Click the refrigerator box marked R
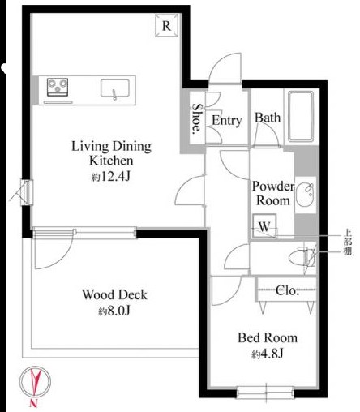[167, 25]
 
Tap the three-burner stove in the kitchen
[58, 87]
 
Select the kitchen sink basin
[115, 88]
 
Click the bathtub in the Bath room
[301, 117]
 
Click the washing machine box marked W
[264, 226]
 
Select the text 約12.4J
[111, 177]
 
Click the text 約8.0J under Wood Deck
[114, 311]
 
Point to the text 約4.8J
[268, 354]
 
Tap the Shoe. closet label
[197, 119]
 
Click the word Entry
[226, 121]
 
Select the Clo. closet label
[287, 291]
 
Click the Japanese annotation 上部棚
[348, 242]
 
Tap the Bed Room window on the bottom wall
[265, 393]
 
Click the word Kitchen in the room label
[111, 161]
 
